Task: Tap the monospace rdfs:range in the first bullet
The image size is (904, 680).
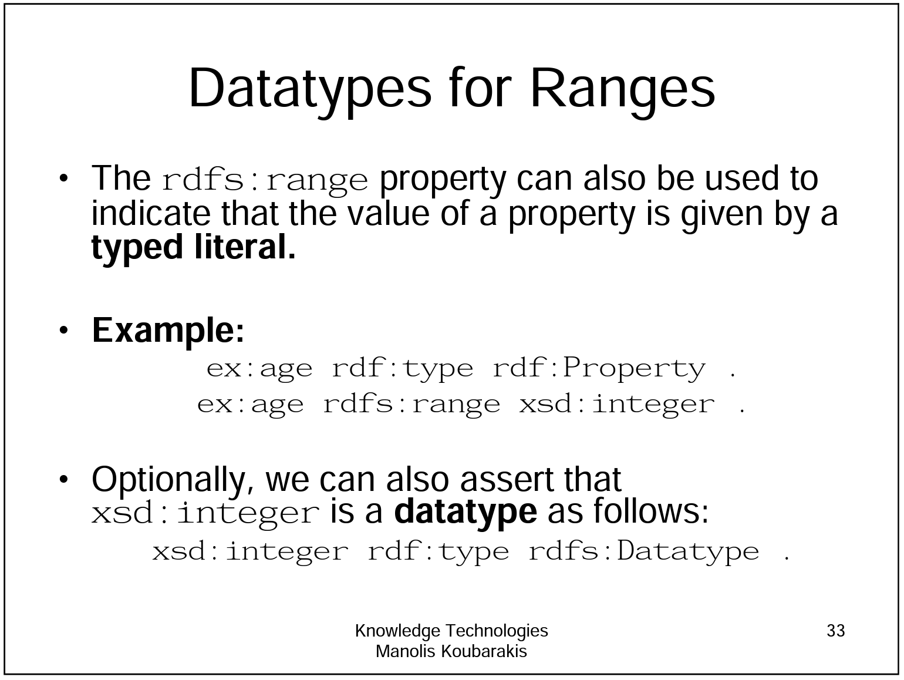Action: tap(265, 180)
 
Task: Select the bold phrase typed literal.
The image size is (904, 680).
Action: tap(194, 247)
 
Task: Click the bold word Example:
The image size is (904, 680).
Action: tap(168, 330)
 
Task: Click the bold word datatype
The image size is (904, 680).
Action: tap(466, 511)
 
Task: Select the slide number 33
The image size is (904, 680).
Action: tap(835, 631)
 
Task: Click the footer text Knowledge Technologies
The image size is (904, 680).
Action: tap(451, 631)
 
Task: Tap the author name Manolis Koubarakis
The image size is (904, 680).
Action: tap(451, 651)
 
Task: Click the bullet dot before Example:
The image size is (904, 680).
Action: tap(64, 330)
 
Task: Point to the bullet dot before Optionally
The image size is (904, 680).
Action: tap(64, 479)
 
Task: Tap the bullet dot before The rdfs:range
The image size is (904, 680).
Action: tap(64, 179)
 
